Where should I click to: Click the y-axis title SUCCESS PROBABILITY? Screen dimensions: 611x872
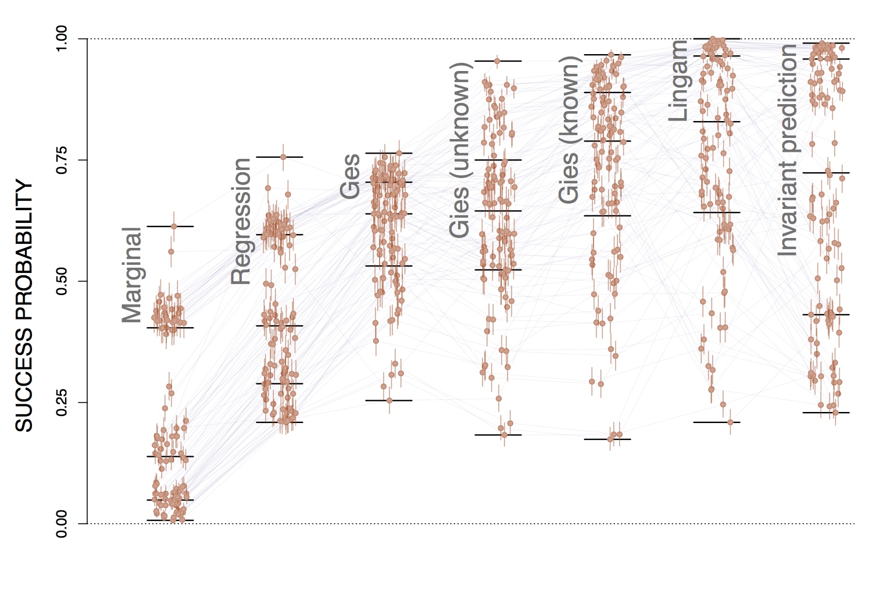[x=24, y=305]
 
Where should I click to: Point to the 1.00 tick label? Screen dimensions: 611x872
[x=62, y=39]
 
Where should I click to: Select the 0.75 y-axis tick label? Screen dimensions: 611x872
[x=62, y=160]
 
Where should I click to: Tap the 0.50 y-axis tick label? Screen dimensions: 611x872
[x=62, y=281]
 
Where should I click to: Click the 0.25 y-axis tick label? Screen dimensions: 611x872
[x=62, y=402]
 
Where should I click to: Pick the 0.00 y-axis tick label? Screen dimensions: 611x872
[x=62, y=523]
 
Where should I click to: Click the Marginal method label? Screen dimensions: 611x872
[x=132, y=275]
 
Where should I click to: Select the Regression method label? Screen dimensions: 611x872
[x=241, y=221]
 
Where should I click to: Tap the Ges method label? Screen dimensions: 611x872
[x=350, y=176]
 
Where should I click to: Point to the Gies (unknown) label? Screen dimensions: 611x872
[x=459, y=150]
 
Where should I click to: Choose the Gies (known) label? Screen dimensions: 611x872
[x=569, y=130]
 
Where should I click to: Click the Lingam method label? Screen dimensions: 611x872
[x=678, y=81]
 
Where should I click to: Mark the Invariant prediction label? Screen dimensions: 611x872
[x=787, y=150]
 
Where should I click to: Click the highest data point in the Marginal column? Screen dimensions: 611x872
[x=173, y=226]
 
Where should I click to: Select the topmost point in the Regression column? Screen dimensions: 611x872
[x=283, y=157]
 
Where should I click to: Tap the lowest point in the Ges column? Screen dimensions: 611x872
[x=389, y=400]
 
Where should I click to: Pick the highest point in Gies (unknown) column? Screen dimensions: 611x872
[x=497, y=61]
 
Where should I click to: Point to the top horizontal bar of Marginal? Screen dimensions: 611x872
[x=170, y=226]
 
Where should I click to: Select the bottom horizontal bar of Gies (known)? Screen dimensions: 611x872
[x=607, y=439]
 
